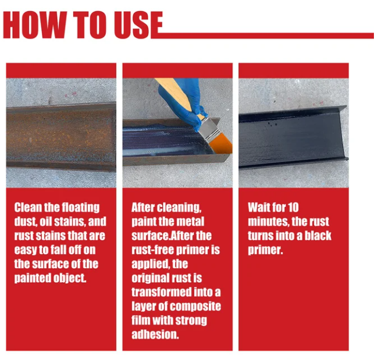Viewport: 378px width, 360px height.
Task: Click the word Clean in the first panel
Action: (29, 208)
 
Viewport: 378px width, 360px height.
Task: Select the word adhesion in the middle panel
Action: (154, 334)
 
